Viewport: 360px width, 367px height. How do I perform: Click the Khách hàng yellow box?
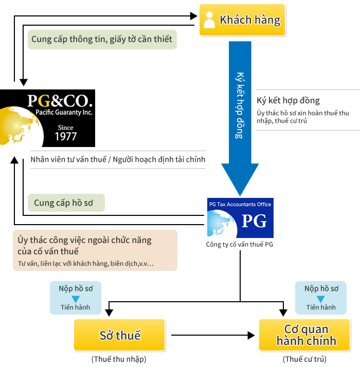pos(242,20)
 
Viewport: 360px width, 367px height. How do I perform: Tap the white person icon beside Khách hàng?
pos(209,20)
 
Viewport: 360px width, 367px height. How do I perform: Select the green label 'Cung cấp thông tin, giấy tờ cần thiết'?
pos(102,39)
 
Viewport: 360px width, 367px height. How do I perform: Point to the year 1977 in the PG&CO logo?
pos(66,136)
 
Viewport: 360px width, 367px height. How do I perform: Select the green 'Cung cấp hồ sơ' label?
pos(66,203)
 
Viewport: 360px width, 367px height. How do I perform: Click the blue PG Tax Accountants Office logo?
pos(240,218)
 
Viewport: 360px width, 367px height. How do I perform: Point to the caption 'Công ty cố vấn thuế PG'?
pos(239,244)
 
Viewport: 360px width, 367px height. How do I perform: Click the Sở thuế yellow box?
pos(120,335)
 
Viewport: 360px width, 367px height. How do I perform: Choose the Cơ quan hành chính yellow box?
pos(305,335)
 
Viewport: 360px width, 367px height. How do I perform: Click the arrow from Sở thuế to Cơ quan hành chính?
pos(213,335)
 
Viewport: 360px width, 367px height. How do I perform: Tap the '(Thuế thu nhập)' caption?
pos(119,359)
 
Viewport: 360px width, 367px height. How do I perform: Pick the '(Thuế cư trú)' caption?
pos(304,359)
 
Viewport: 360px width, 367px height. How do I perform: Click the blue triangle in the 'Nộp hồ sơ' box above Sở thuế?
pos(76,299)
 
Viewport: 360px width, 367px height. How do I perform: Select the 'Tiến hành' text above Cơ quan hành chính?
pos(321,307)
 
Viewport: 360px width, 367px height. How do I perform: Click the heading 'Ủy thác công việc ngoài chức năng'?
pos(84,241)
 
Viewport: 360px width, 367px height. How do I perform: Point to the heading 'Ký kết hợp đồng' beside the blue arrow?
pos(288,101)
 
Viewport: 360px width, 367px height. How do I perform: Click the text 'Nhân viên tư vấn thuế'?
pos(68,160)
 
